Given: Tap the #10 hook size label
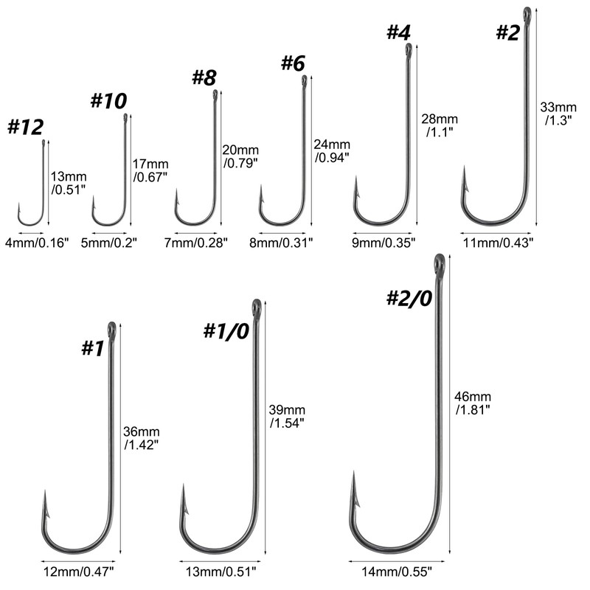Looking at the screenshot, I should [108, 101].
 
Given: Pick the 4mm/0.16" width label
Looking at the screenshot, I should [37, 242].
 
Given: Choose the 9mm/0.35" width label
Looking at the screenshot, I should [383, 242].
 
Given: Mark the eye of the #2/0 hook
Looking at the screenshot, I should [439, 261].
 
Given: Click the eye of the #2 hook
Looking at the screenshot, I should [527, 12].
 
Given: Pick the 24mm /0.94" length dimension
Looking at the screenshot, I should [332, 150].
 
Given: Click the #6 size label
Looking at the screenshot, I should [292, 63].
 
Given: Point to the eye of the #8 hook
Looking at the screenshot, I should [215, 94].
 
